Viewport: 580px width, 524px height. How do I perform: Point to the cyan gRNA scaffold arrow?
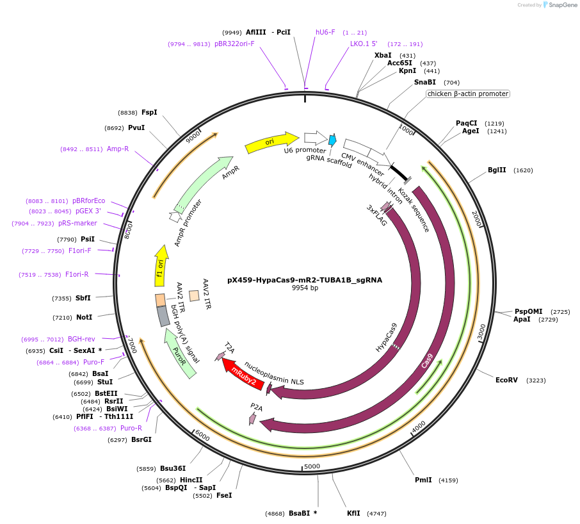coord(332,140)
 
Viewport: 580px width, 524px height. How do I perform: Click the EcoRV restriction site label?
coord(506,380)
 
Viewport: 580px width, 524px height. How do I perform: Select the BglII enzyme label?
coord(497,170)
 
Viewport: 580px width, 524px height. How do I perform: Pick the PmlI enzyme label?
coord(423,480)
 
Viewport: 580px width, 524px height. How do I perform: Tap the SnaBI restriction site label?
coord(424,82)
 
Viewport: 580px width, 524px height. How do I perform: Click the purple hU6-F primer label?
coord(325,32)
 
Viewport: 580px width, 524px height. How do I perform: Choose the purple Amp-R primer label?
coord(118,149)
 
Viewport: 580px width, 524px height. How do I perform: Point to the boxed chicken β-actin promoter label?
coord(468,94)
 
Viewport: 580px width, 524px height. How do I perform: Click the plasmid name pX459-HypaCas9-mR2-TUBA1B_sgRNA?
coord(305,280)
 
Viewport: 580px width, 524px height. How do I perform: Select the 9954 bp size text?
coord(305,288)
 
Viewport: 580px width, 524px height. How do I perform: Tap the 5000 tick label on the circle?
coord(312,466)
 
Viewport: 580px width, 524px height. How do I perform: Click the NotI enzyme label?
coord(85,317)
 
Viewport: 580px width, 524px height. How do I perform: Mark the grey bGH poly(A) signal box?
coord(163,316)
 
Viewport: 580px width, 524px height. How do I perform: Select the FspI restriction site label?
coord(149,112)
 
